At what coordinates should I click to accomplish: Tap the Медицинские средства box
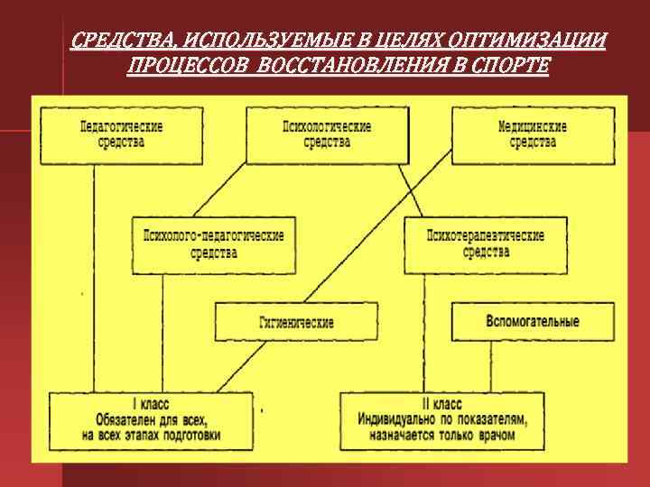click(532, 135)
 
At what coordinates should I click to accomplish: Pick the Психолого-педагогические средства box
click(213, 244)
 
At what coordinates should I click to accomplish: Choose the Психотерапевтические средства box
click(486, 244)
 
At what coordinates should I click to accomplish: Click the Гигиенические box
click(295, 322)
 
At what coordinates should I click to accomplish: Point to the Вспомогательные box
click(533, 322)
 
